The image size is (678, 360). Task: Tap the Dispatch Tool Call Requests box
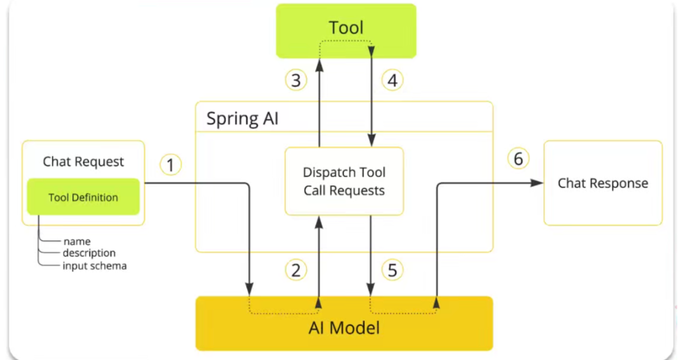pyautogui.click(x=344, y=181)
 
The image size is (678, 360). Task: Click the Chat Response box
pyautogui.click(x=603, y=183)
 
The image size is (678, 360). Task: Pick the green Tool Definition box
pyautogui.click(x=83, y=197)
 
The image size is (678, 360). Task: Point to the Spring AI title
pyautogui.click(x=242, y=118)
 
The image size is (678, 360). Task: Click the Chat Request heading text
pyautogui.click(x=83, y=161)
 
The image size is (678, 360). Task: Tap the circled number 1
pyautogui.click(x=170, y=165)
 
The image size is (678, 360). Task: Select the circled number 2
pyautogui.click(x=296, y=269)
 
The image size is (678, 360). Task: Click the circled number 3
pyautogui.click(x=296, y=80)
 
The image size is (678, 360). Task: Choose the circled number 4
pyautogui.click(x=392, y=80)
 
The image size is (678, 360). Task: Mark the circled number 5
pyautogui.click(x=392, y=269)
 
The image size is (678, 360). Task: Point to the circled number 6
pyautogui.click(x=518, y=159)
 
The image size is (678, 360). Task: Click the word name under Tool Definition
pyautogui.click(x=77, y=242)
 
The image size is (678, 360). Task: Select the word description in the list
pyautogui.click(x=89, y=253)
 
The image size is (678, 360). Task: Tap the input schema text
pyautogui.click(x=94, y=266)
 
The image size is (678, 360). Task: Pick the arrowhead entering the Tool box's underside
pyautogui.click(x=319, y=63)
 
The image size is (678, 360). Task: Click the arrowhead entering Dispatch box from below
pyautogui.click(x=319, y=220)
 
